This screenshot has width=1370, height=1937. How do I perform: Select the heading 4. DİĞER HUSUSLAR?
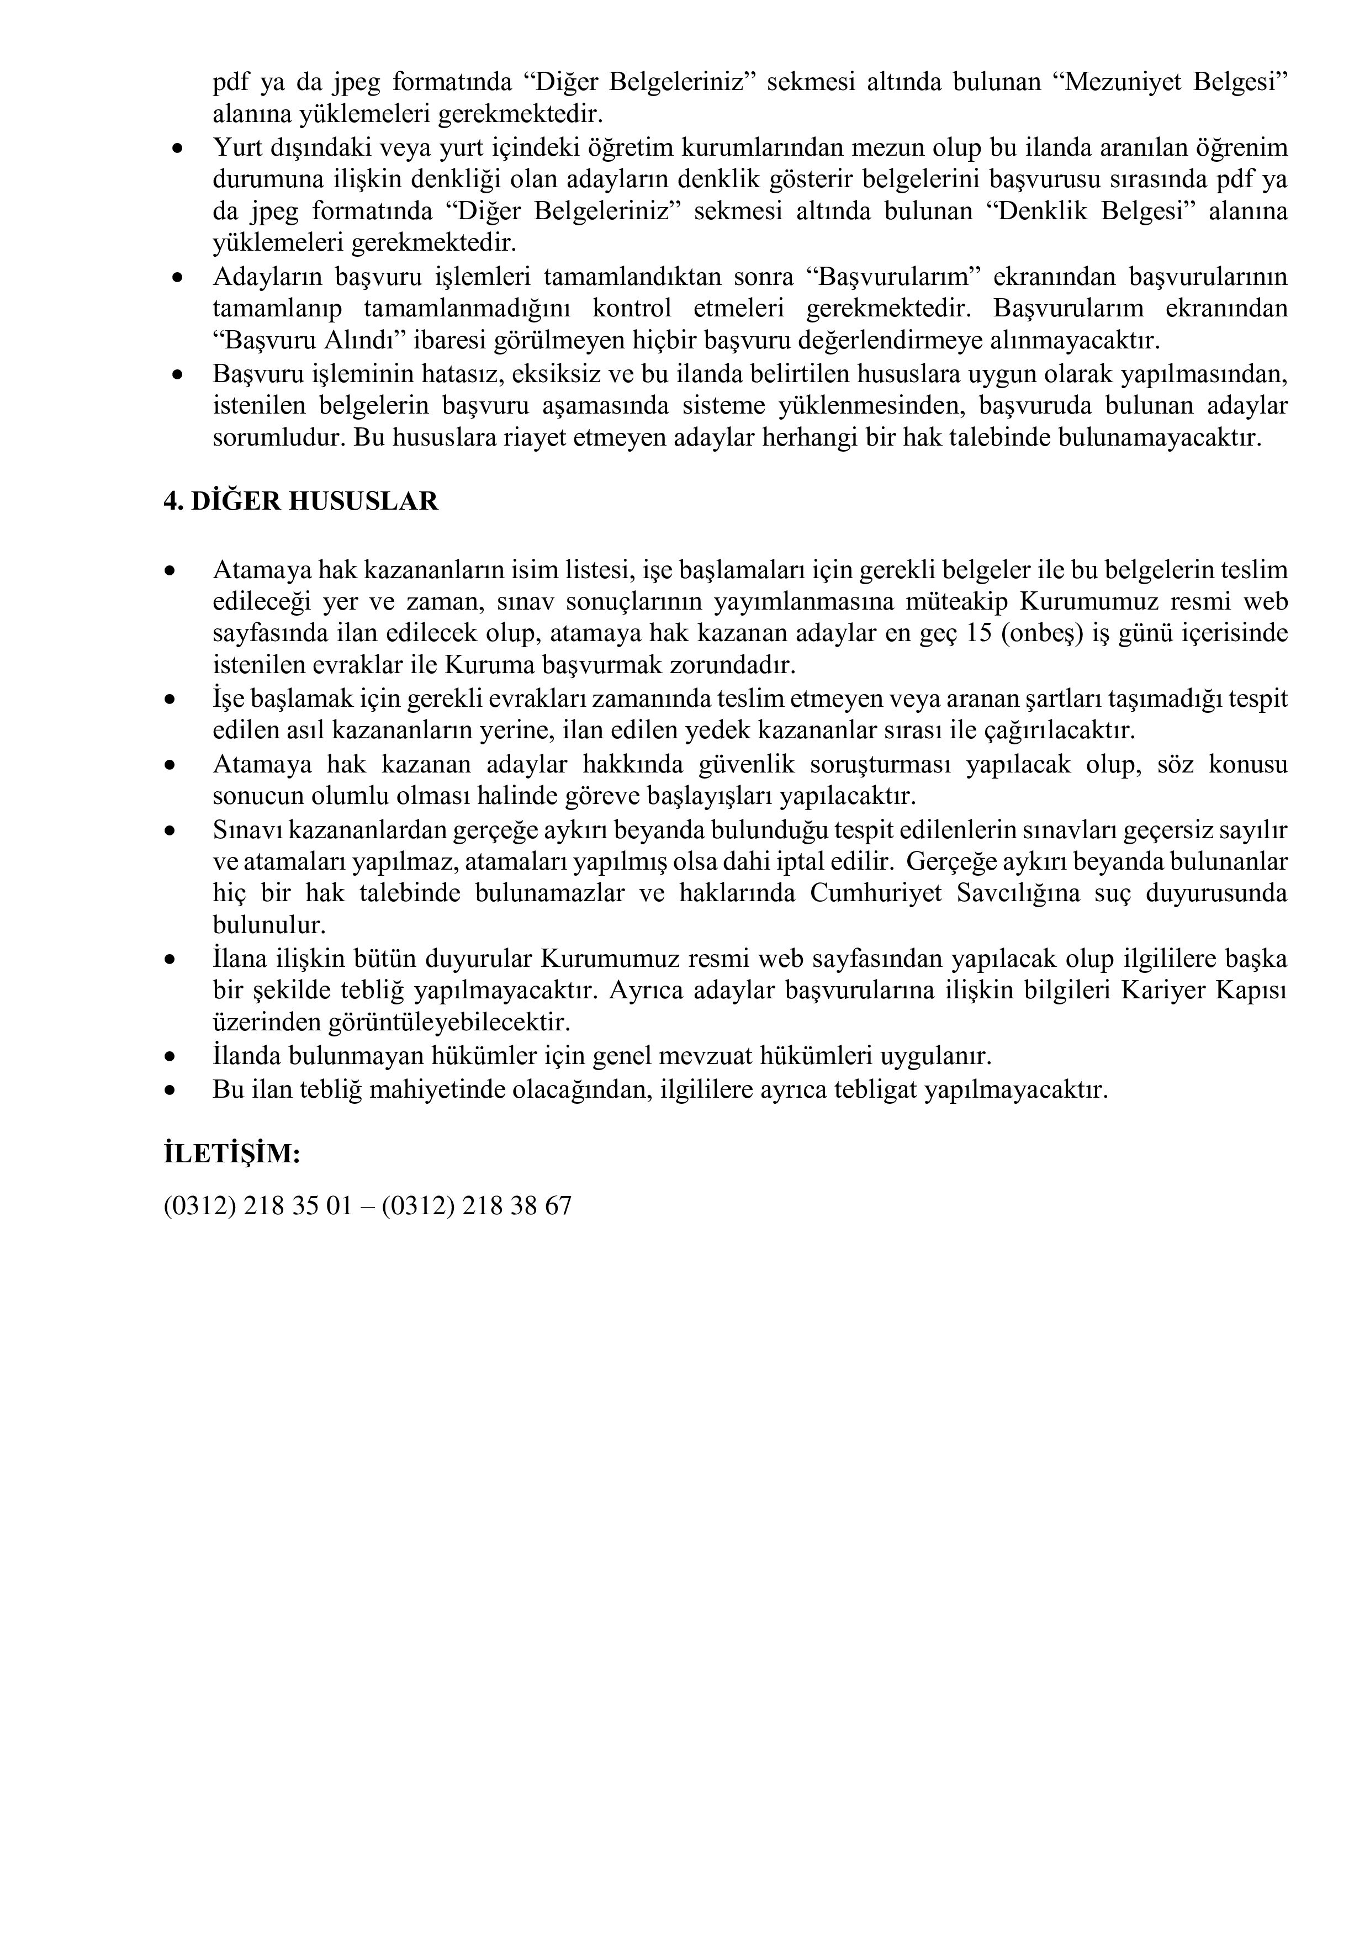[300, 501]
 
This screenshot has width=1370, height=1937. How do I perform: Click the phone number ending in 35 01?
[257, 1205]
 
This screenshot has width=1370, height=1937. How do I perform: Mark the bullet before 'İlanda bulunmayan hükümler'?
[171, 1057]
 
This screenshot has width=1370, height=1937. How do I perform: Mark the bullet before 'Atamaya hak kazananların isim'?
[171, 571]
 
